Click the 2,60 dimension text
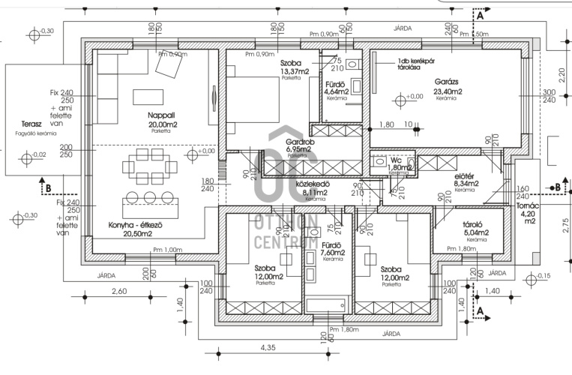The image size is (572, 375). click(x=119, y=290)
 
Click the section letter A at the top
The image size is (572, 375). click(x=480, y=13)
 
